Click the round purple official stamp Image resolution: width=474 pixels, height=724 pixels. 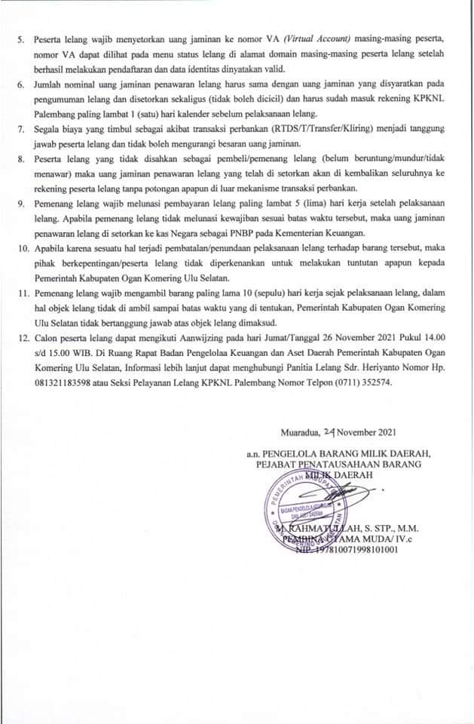click(302, 506)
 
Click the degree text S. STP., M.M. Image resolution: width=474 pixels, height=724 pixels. click(371, 526)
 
